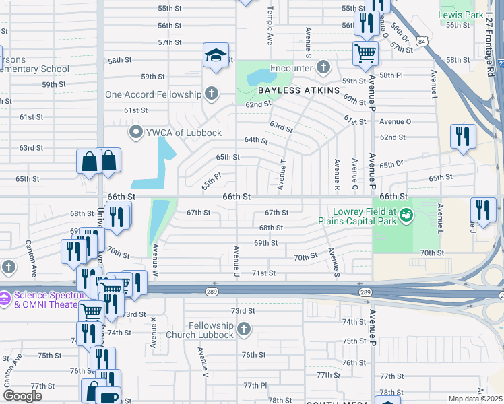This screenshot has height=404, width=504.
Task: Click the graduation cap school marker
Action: point(216,55)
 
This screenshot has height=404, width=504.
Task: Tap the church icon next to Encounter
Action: point(323,67)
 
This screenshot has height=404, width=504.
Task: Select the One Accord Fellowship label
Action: point(154,94)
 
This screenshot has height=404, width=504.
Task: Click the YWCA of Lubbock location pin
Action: point(136,132)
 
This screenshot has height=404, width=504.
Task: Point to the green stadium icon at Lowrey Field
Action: point(405,216)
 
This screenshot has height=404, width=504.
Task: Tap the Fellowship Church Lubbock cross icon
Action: point(244,330)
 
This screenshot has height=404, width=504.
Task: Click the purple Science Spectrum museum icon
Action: point(5,296)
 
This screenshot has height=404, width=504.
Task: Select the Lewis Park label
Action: point(461,14)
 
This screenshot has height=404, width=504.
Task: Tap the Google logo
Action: point(22,395)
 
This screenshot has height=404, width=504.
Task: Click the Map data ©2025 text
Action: point(474,399)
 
